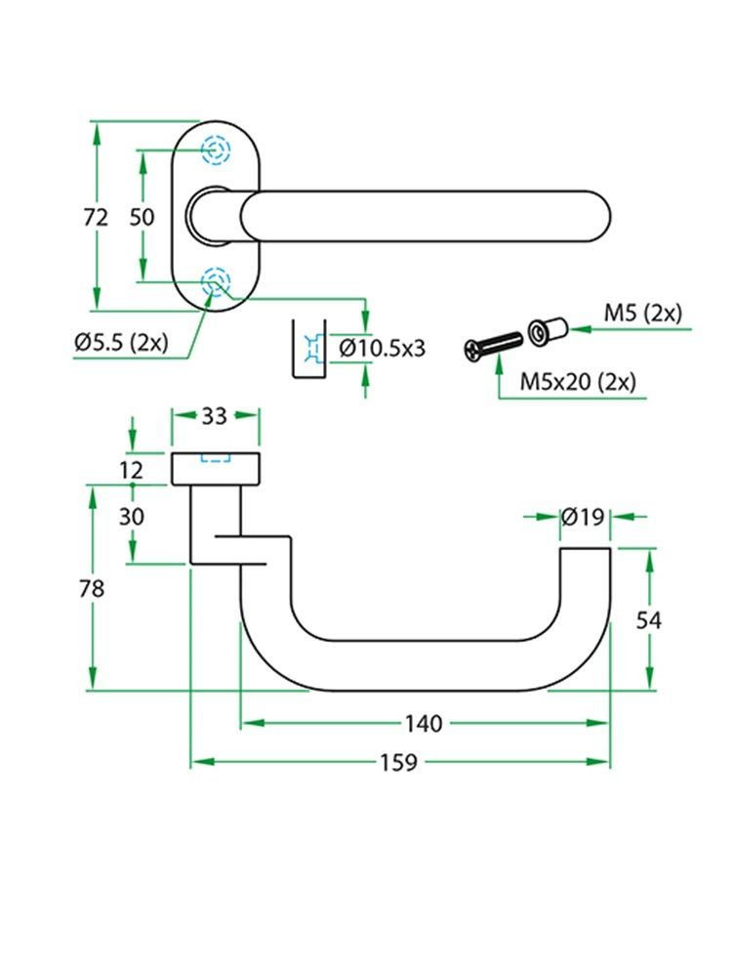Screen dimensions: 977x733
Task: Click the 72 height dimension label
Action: point(96,218)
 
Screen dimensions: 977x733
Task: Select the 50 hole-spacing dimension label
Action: point(143,218)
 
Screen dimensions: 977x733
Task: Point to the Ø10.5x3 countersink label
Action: point(383,347)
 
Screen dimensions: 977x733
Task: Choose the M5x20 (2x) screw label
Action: point(577,381)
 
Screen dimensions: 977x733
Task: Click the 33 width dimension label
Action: point(214,415)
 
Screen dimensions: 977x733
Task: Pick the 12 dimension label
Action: point(132,470)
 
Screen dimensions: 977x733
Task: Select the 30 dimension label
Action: point(132,516)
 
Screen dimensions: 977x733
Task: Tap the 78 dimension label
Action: point(93,588)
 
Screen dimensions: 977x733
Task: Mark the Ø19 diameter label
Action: point(584,518)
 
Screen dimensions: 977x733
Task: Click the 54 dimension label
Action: point(649,619)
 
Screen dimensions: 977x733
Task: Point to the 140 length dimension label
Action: point(425,723)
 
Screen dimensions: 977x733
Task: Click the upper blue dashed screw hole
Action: point(216,150)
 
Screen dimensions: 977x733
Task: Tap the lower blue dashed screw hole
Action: point(216,283)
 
